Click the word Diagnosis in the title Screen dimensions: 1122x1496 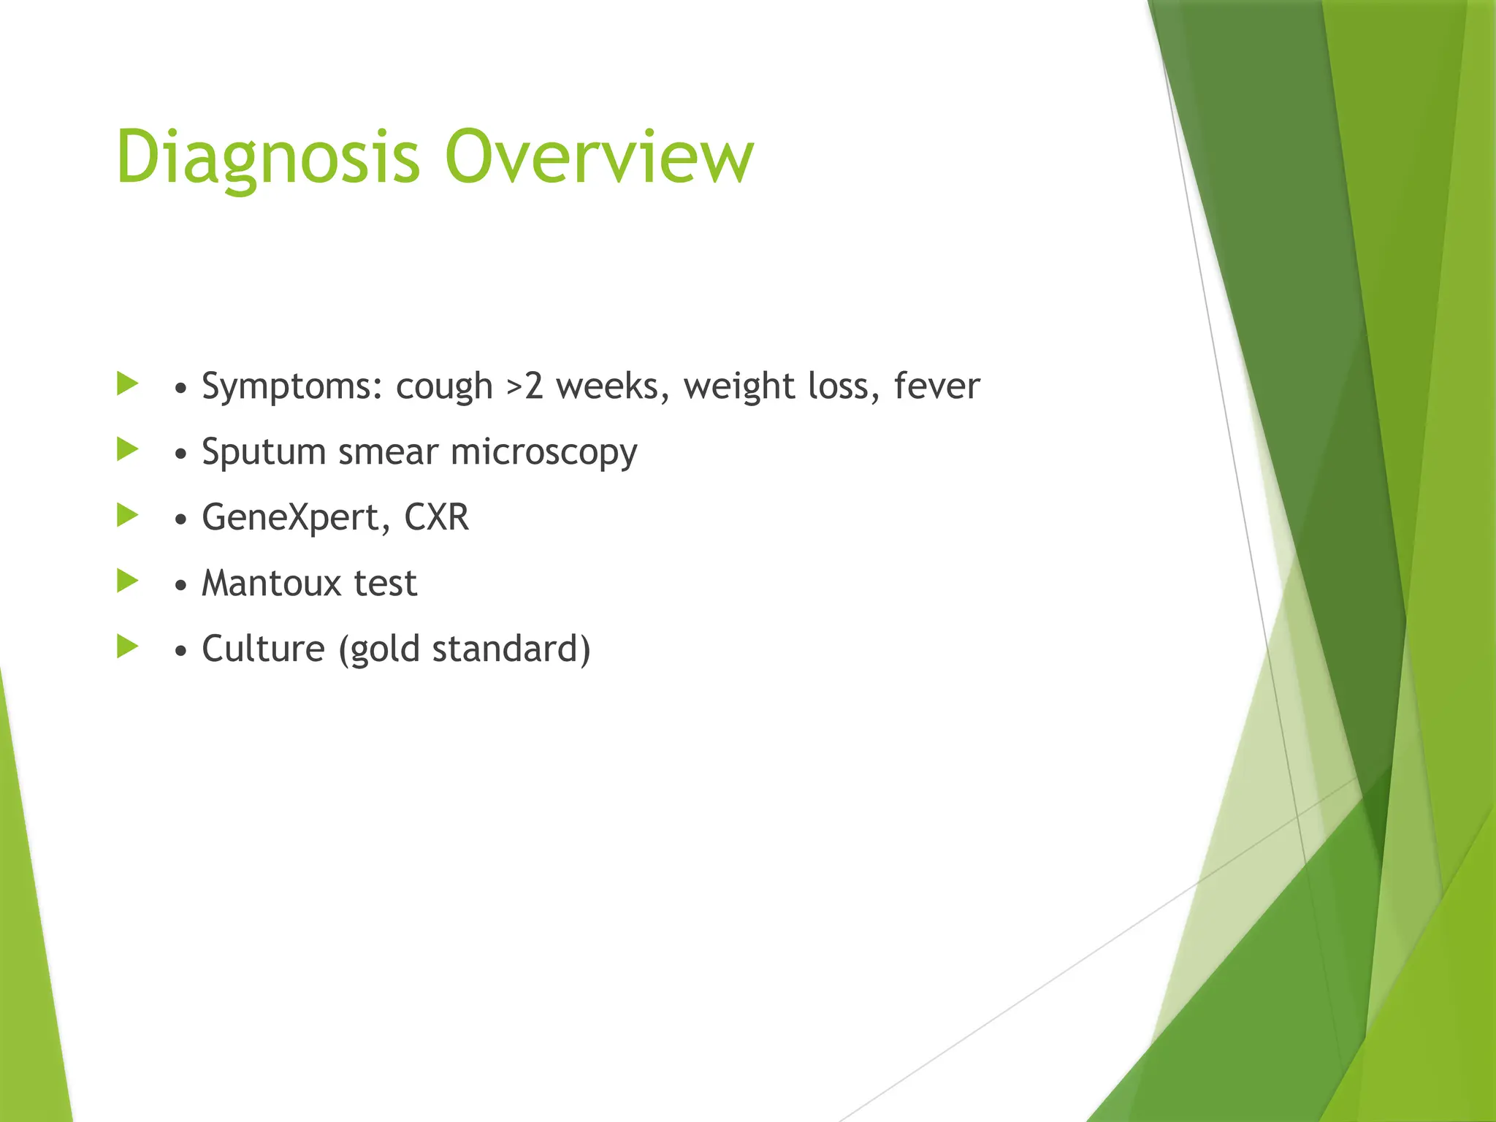[267, 157]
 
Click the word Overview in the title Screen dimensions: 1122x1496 [599, 157]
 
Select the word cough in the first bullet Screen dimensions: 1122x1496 [444, 386]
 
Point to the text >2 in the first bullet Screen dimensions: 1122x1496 [524, 386]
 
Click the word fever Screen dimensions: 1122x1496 [936, 386]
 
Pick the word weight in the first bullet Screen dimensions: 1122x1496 [738, 386]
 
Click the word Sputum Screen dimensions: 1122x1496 [263, 451]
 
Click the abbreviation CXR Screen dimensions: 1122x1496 [436, 517]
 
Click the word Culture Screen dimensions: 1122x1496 [263, 649]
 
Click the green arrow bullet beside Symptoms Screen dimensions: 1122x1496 [127, 383]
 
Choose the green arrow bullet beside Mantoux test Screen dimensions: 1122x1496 [127, 581]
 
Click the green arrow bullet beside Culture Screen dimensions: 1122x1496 [127, 646]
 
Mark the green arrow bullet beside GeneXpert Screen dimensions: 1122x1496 [127, 515]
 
